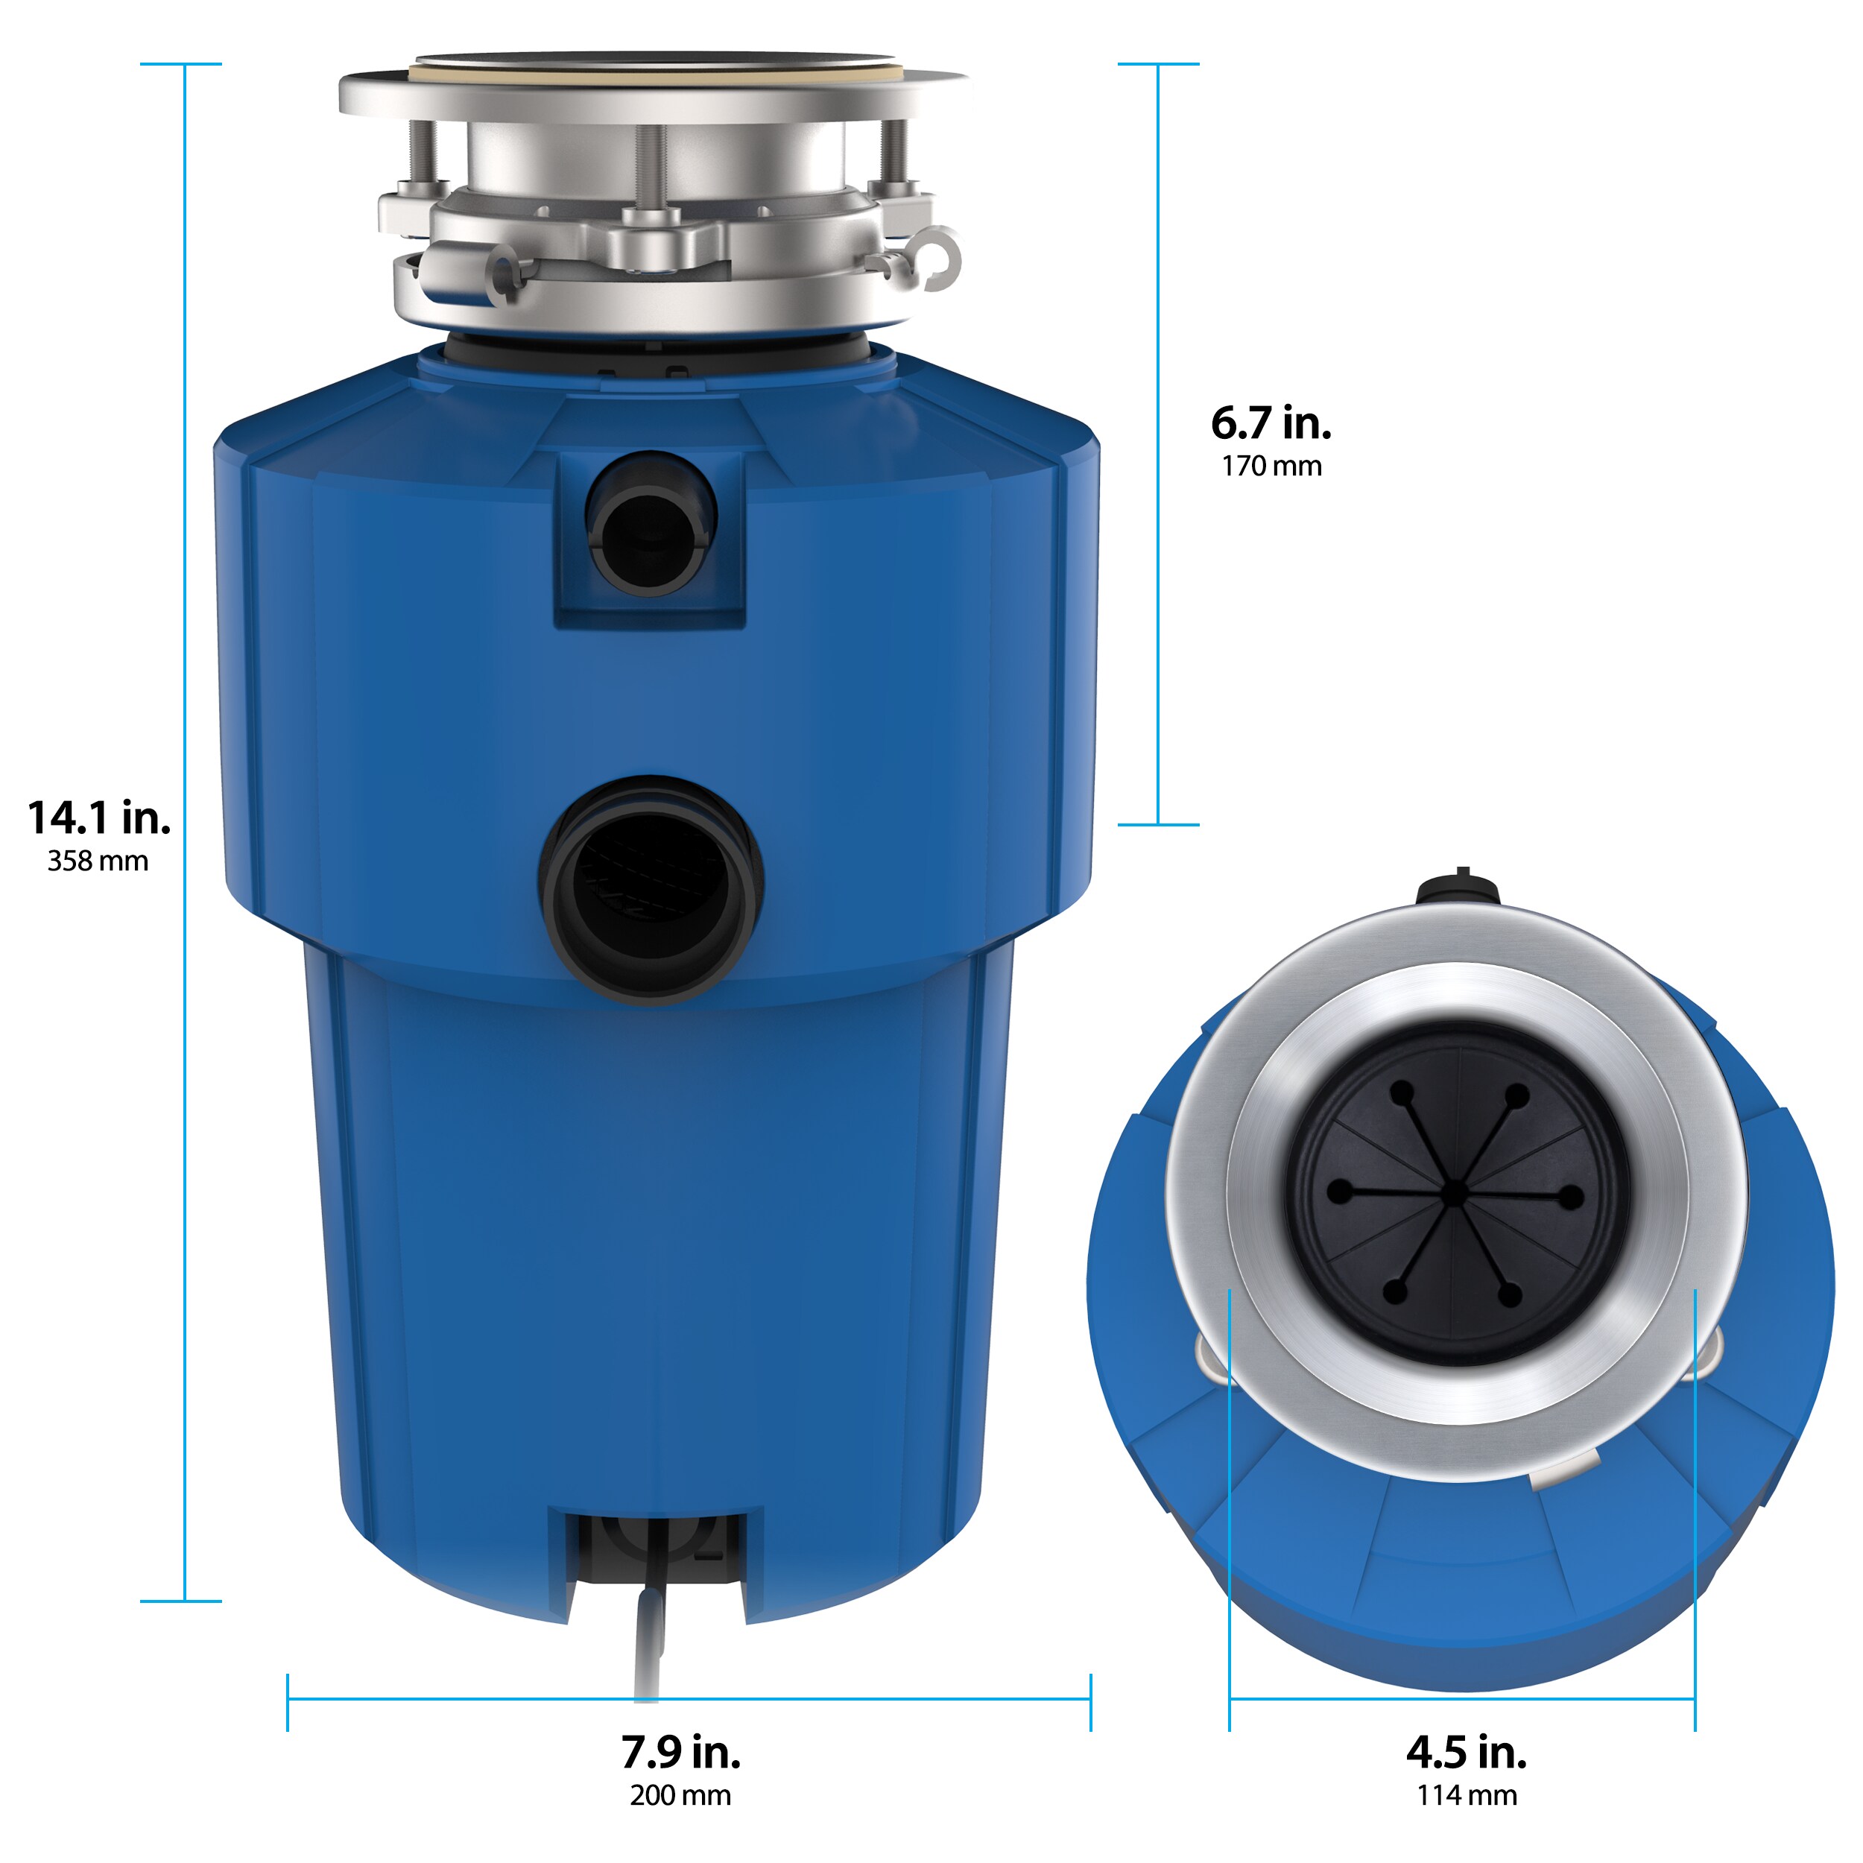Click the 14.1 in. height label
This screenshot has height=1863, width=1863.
click(x=99, y=819)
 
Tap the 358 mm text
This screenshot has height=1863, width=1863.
click(x=98, y=861)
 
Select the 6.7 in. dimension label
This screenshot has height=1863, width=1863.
click(x=1271, y=423)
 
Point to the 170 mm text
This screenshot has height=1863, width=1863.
click(x=1271, y=466)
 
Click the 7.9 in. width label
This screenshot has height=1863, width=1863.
click(x=681, y=1752)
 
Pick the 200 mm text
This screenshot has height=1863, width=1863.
click(x=681, y=1795)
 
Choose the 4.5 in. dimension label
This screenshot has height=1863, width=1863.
click(x=1466, y=1752)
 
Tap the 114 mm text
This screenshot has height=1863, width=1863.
click(x=1466, y=1795)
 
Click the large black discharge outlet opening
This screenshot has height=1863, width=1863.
click(x=651, y=889)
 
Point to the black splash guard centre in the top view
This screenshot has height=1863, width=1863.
click(x=1457, y=1195)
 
